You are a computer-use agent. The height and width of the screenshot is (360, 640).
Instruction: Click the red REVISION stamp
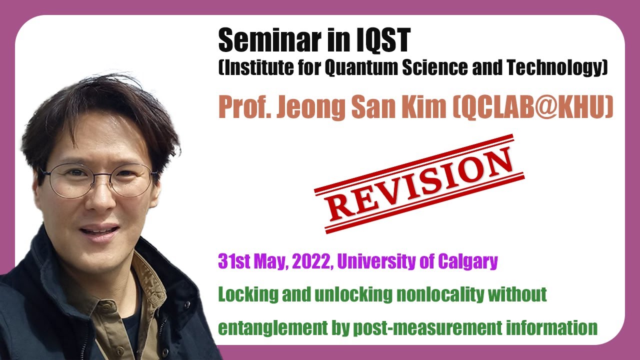(419, 183)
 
